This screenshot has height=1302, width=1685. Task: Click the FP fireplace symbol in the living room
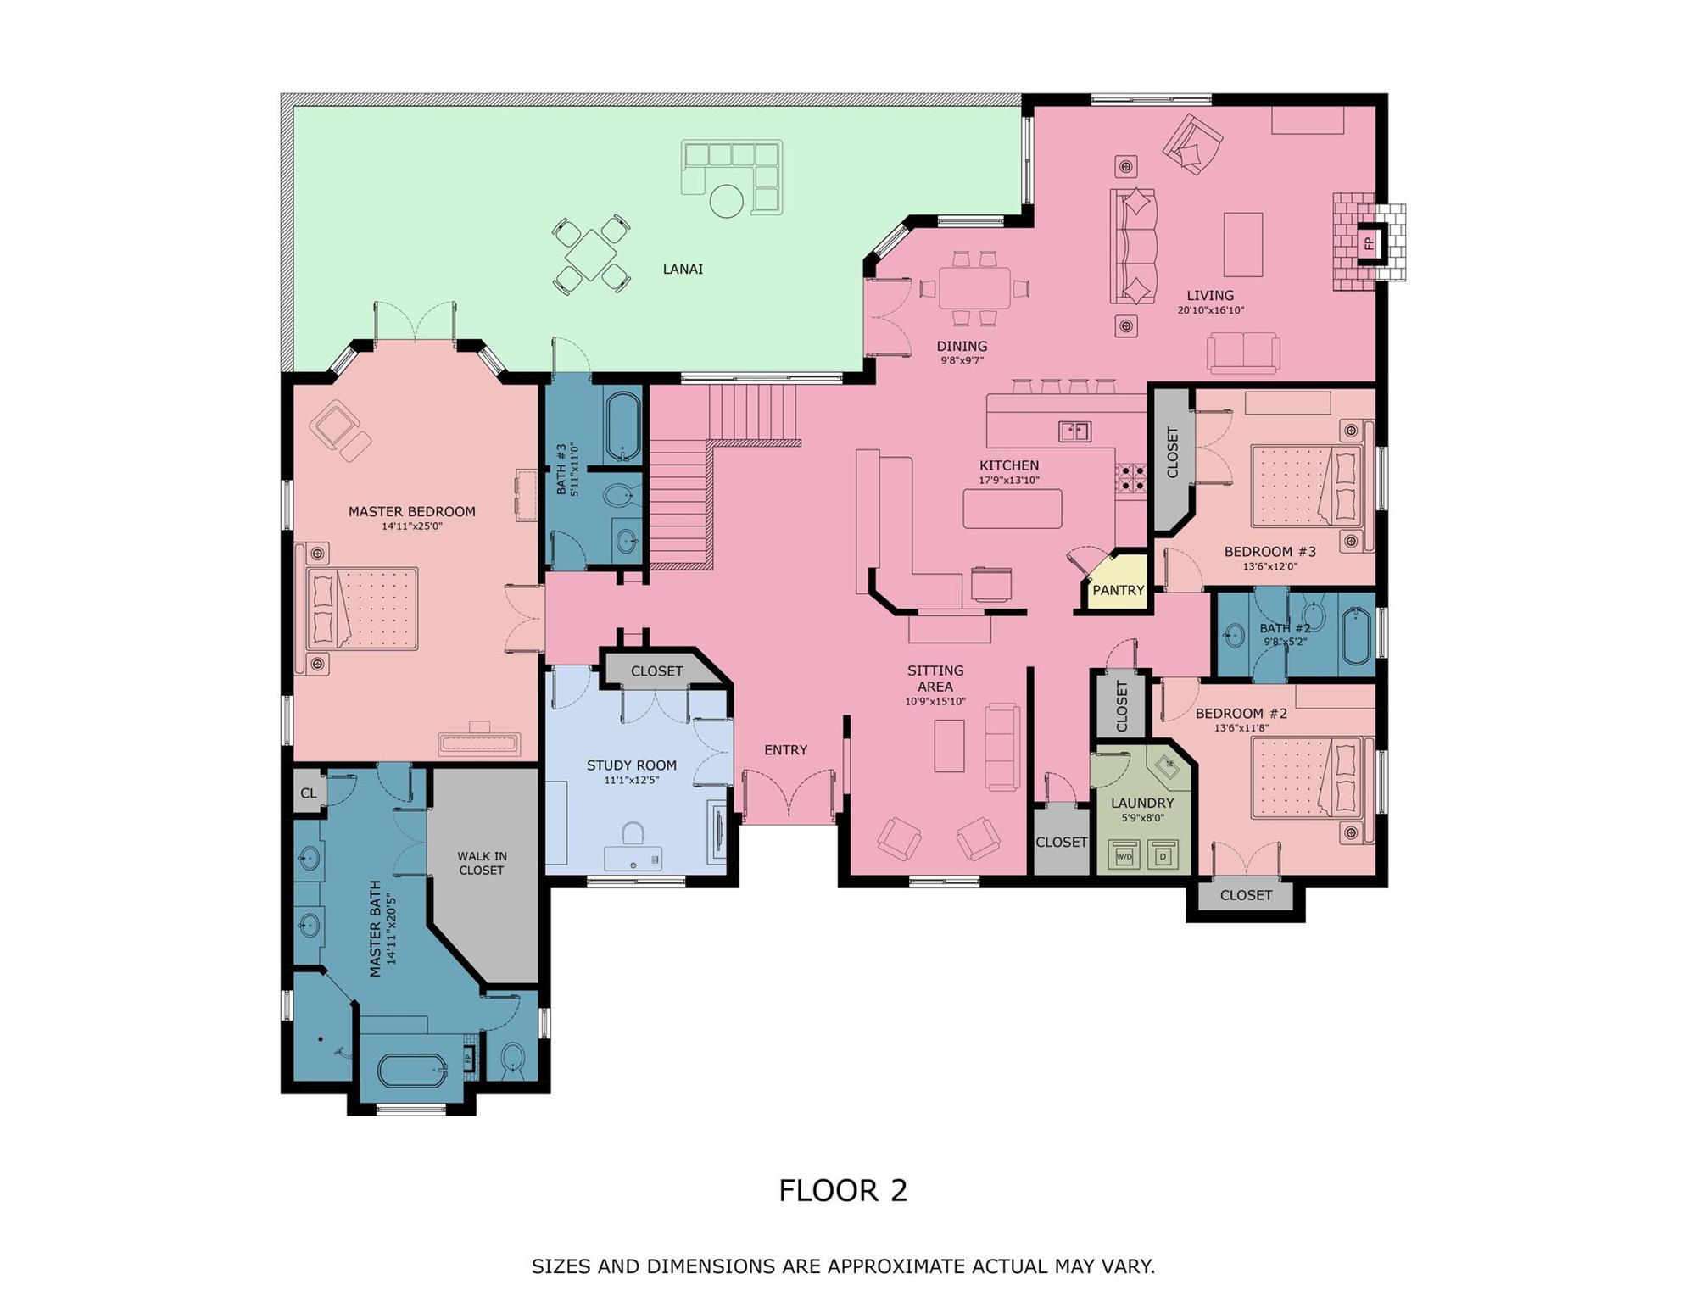coord(1369,243)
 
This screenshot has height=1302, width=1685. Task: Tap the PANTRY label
coord(1118,590)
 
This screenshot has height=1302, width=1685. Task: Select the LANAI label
coord(683,270)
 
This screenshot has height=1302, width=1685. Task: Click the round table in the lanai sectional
coord(726,202)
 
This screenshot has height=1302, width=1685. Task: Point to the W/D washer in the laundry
coord(1124,856)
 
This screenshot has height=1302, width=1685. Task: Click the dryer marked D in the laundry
coord(1163,856)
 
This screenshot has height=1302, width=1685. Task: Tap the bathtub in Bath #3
coord(624,426)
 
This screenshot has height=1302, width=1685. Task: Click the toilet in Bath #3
coord(622,495)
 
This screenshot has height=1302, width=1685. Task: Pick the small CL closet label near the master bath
coord(309,793)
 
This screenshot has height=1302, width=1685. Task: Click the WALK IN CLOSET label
coord(482,863)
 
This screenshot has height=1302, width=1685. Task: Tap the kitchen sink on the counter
coord(1074,431)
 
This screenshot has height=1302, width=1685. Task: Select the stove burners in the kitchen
coord(1130,478)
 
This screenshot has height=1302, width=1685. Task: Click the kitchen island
coord(1013,509)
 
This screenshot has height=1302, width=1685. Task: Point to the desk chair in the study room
coord(633,832)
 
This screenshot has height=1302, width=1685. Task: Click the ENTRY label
coord(785,750)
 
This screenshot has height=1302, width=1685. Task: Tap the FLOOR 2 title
coord(843,1191)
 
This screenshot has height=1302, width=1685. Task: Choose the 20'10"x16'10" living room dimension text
coord(1210,311)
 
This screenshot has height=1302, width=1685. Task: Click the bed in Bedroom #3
coord(1306,487)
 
